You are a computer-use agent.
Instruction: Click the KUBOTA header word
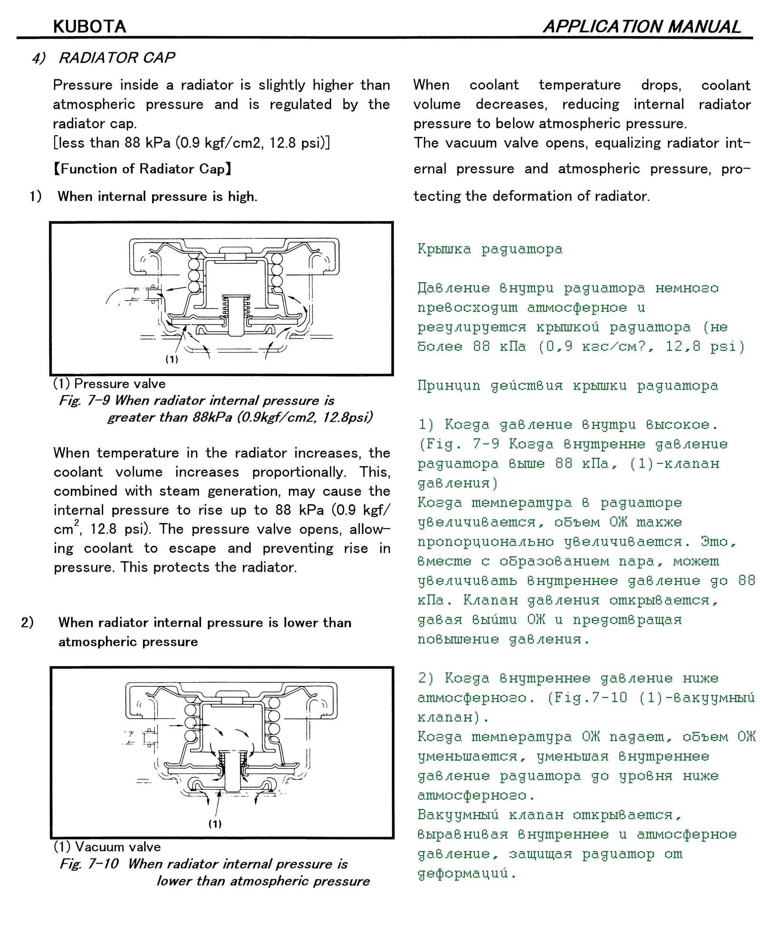click(89, 27)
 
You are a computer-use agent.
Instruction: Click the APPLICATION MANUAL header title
click(642, 27)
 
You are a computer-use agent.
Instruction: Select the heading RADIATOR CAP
click(116, 58)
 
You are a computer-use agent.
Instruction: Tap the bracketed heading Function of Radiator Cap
click(142, 169)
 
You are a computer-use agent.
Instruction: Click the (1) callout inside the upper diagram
click(171, 359)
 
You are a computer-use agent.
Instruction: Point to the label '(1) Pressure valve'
click(109, 384)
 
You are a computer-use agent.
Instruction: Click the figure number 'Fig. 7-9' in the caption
click(84, 401)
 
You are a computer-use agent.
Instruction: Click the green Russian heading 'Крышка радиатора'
click(490, 249)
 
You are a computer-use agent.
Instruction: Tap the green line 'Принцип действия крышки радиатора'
click(568, 386)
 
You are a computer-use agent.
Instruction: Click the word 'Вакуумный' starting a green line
click(458, 815)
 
